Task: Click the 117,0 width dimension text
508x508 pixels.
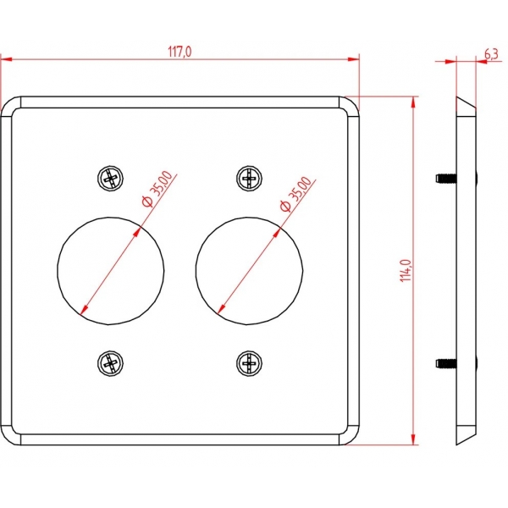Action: click(x=179, y=51)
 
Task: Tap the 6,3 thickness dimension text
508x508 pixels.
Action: click(x=491, y=54)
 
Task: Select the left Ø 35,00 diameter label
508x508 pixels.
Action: click(x=157, y=189)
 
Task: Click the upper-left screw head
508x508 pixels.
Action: click(x=110, y=178)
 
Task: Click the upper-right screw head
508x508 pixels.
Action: click(x=249, y=178)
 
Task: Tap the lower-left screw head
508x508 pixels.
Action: click(x=110, y=363)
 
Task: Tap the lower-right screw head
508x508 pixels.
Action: click(x=249, y=363)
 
